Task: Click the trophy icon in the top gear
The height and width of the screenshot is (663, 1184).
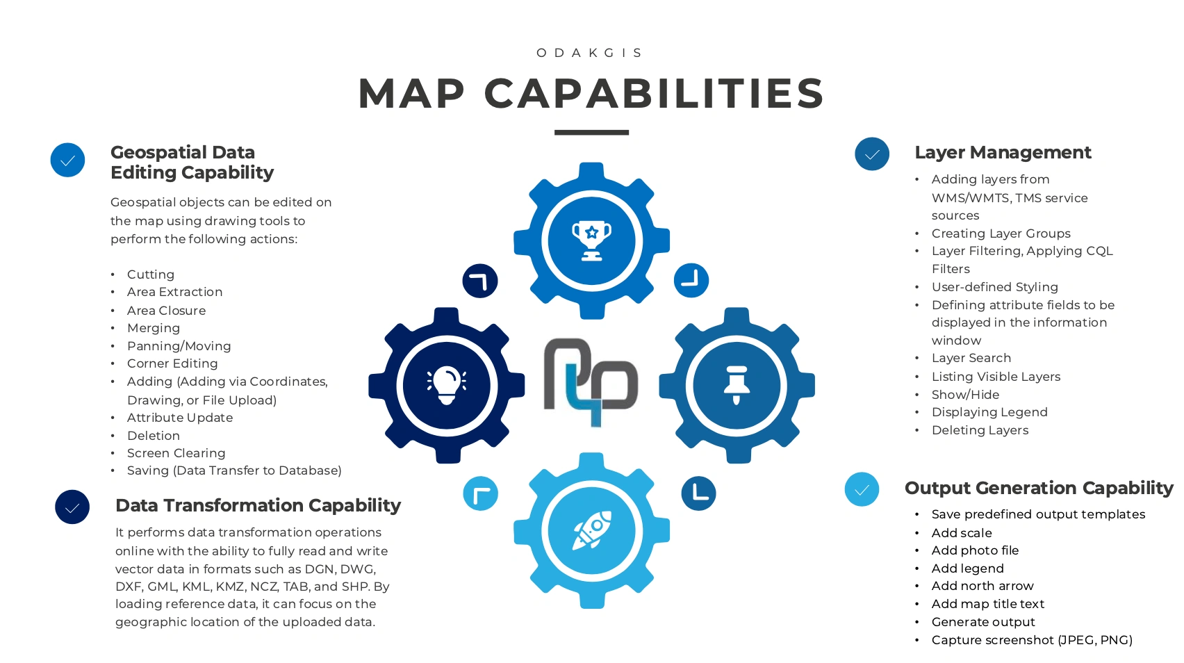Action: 591,240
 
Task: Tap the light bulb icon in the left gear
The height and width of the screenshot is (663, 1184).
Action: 447,385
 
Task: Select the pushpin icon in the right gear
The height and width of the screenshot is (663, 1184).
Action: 737,385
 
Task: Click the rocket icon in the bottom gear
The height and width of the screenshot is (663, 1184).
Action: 592,530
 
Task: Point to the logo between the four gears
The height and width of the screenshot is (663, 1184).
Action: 591,382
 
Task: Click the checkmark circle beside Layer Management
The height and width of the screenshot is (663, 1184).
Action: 872,154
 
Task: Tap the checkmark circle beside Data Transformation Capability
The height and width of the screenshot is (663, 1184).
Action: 72,507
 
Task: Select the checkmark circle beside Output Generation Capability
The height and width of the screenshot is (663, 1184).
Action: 862,489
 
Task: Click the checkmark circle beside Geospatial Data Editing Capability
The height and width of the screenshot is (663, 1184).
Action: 67,160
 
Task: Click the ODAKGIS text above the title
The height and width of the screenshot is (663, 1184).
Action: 591,53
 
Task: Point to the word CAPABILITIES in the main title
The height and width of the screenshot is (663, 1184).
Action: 654,94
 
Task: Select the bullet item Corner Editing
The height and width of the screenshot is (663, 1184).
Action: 172,363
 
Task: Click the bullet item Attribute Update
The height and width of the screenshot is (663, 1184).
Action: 180,418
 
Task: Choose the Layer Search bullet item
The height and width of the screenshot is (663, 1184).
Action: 971,358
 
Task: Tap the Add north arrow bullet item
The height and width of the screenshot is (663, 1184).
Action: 982,586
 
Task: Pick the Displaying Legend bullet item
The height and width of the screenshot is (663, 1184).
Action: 989,412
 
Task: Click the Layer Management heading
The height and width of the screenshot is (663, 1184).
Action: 1003,152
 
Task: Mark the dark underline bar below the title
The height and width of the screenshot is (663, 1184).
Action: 591,132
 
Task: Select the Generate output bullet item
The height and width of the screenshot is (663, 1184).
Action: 983,622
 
